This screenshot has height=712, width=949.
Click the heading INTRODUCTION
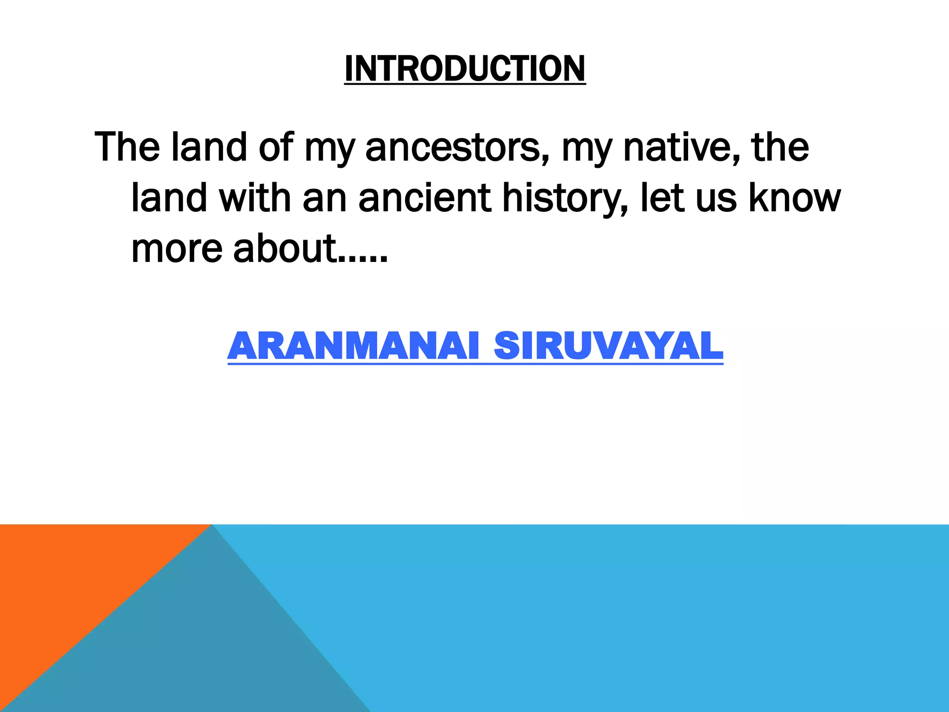point(465,69)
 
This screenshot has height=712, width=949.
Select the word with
point(255,198)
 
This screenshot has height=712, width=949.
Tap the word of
point(276,147)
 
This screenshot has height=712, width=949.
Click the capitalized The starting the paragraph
point(127,147)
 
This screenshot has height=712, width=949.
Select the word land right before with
point(169,198)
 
